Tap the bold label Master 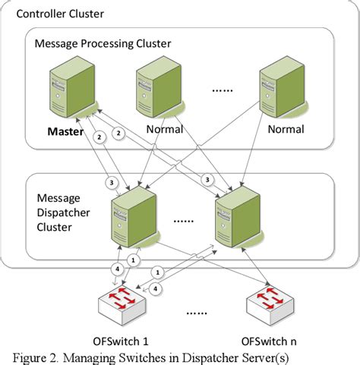(65, 130)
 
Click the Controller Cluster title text (60, 14)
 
